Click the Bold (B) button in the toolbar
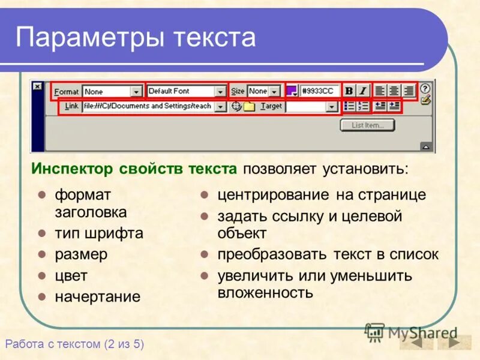click(x=349, y=91)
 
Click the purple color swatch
click(x=292, y=91)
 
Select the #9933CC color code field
click(x=320, y=91)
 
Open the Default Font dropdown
click(x=186, y=91)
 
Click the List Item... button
click(x=367, y=125)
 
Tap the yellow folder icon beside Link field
click(x=249, y=106)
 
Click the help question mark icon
click(x=425, y=88)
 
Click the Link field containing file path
click(x=148, y=106)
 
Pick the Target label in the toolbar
click(x=271, y=106)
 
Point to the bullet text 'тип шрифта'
click(x=99, y=233)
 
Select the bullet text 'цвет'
click(x=71, y=276)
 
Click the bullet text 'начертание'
click(x=98, y=296)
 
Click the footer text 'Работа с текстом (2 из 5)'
click(x=74, y=344)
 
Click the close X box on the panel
click(x=37, y=86)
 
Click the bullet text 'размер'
click(x=81, y=254)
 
